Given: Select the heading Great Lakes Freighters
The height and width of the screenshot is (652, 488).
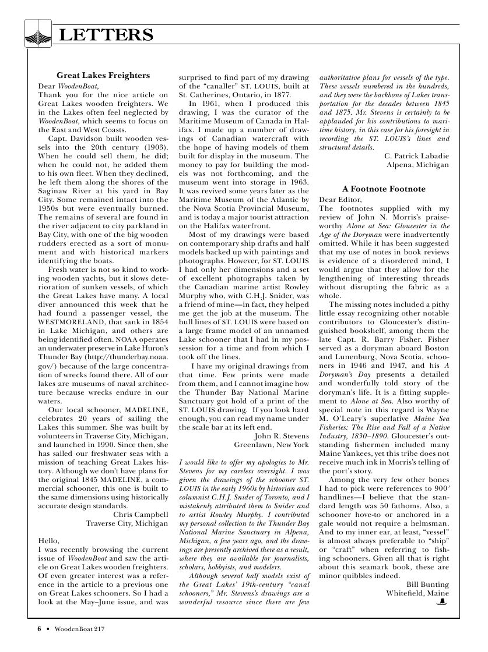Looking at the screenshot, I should click(103, 76).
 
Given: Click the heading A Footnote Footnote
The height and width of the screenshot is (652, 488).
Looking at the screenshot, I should click(384, 189).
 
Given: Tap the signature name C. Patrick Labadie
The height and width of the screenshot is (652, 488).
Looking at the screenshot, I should click(417, 156).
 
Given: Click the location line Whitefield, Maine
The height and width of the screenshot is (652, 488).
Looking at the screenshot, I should click(417, 593).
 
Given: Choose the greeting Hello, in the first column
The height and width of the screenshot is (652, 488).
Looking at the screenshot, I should click(49, 540).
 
